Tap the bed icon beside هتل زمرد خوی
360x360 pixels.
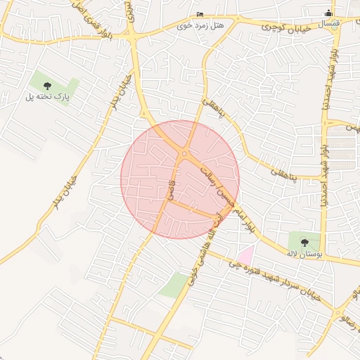pyautogui.click(x=200, y=14)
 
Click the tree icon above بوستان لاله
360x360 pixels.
pyautogui.click(x=304, y=243)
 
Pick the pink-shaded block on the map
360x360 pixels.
pyautogui.click(x=245, y=255)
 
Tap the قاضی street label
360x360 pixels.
pyautogui.click(x=171, y=188)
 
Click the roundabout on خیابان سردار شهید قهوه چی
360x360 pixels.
pyautogui.click(x=338, y=312)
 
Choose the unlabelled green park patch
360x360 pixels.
pyautogui.click(x=173, y=284)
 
